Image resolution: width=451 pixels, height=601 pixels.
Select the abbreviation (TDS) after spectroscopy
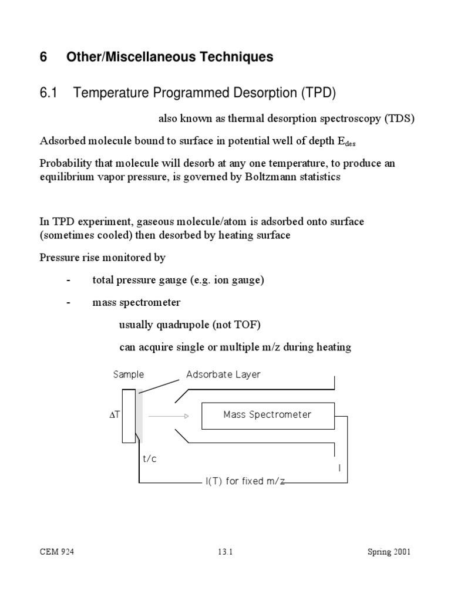click(399, 119)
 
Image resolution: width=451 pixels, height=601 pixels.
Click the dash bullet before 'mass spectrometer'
click(69, 303)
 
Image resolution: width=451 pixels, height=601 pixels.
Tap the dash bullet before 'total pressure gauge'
click(69, 280)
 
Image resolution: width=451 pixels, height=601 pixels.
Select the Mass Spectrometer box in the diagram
click(267, 415)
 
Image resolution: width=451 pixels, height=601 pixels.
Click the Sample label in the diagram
click(128, 374)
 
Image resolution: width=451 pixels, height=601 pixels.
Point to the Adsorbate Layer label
click(223, 374)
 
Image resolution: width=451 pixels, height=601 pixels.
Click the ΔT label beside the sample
click(115, 415)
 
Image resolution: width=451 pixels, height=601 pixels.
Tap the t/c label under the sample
click(150, 459)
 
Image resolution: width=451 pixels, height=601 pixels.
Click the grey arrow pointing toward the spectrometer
click(168, 416)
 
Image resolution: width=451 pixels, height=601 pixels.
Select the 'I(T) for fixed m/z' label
click(245, 481)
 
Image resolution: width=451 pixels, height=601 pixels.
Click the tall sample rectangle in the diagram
click(129, 416)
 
